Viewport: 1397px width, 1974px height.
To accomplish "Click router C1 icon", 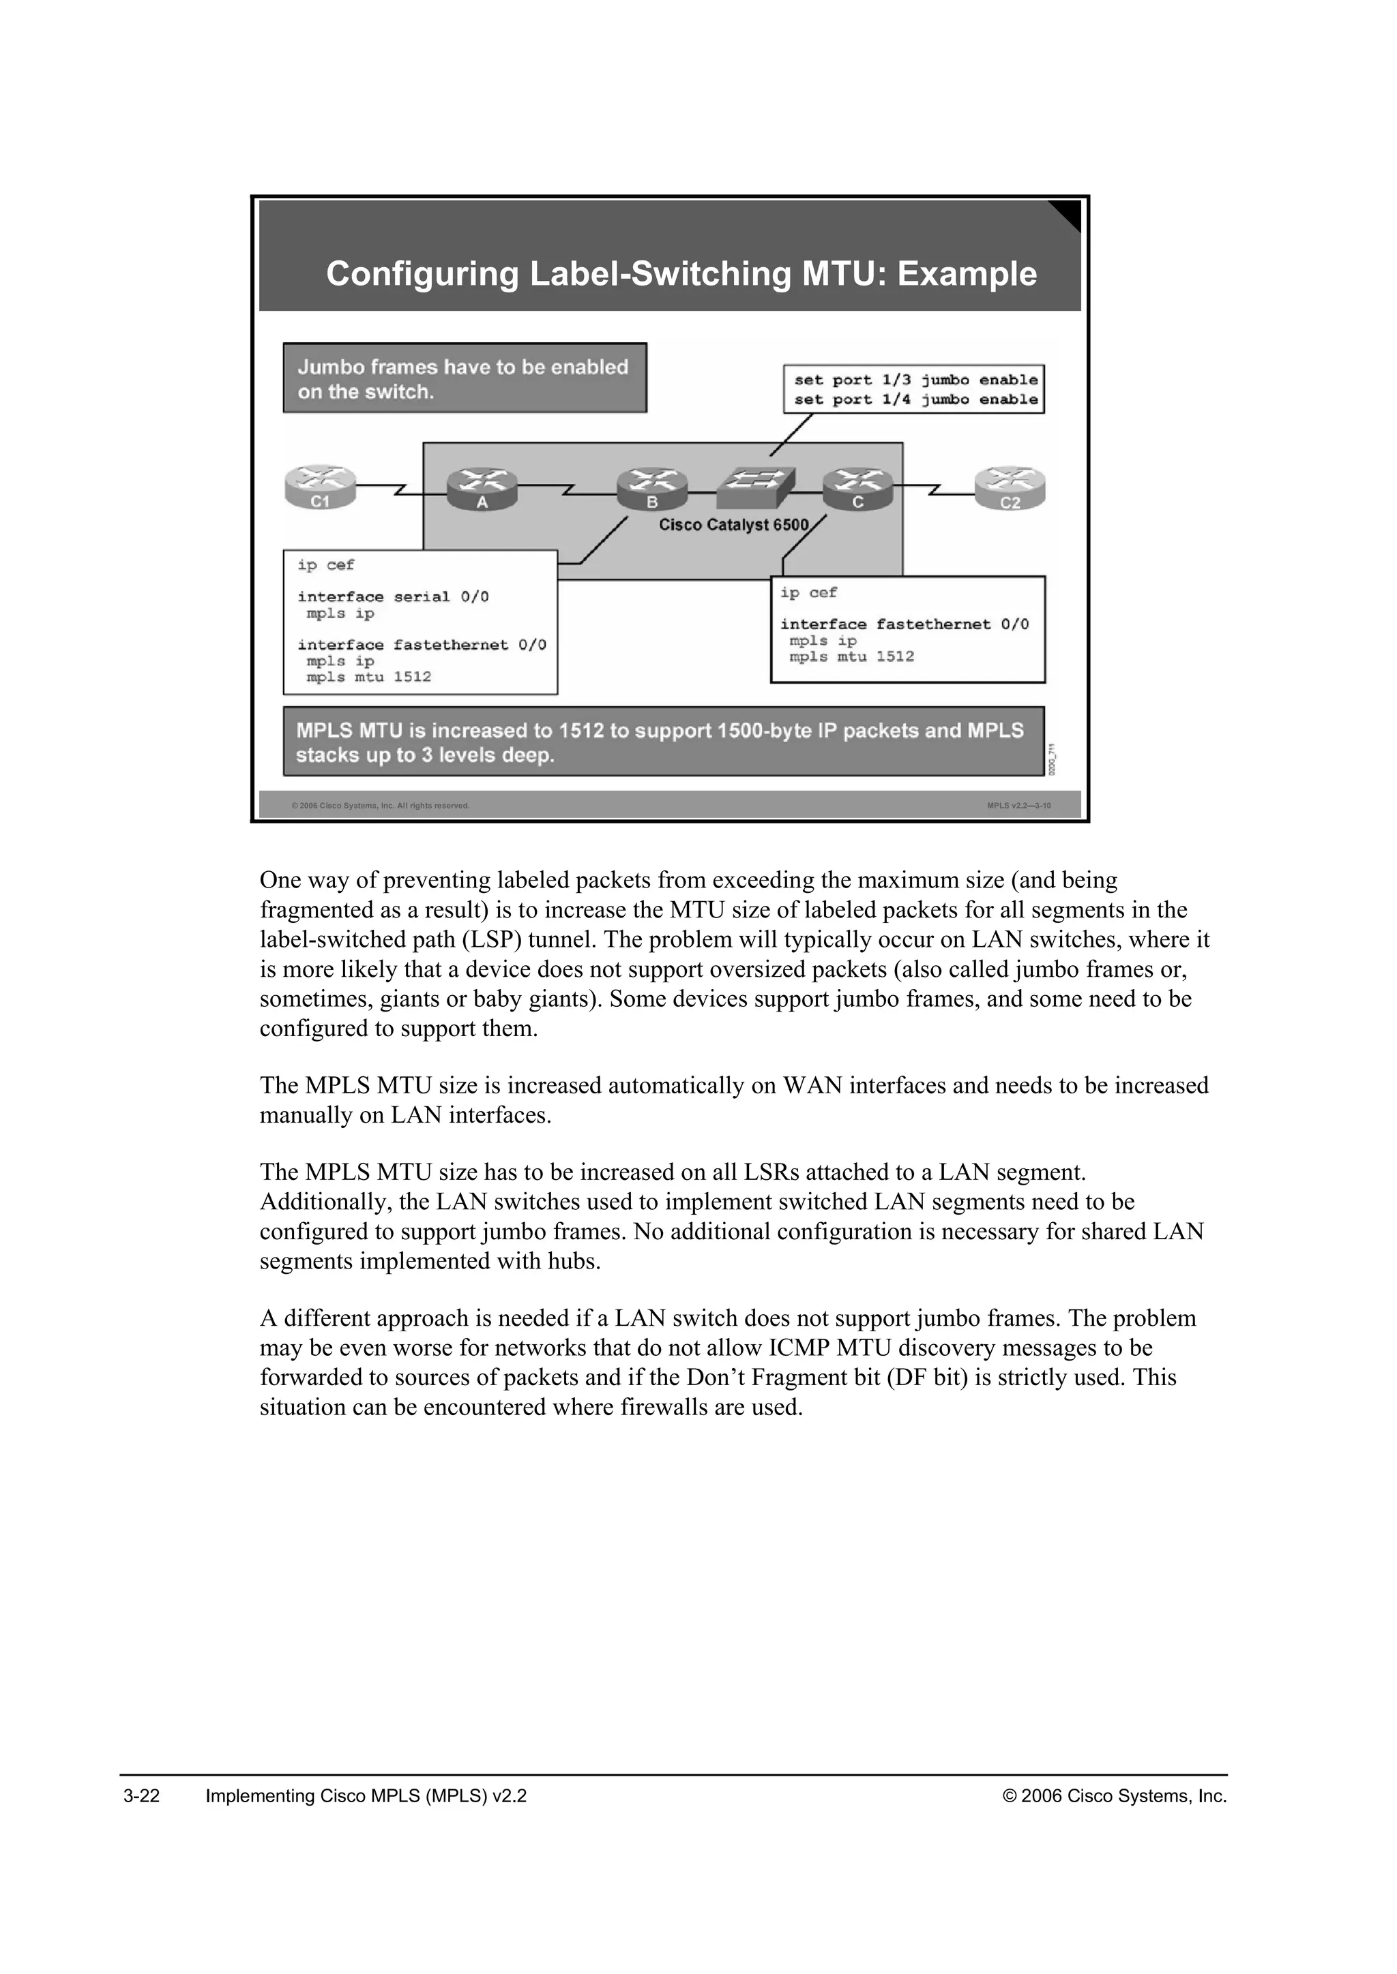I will (320, 487).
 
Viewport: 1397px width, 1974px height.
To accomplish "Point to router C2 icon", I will (1010, 487).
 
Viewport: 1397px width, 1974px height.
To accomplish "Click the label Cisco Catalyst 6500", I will (733, 526).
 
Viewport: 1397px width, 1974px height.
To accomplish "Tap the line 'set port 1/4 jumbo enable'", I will (915, 400).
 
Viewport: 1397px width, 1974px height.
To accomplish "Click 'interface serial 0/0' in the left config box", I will (393, 596).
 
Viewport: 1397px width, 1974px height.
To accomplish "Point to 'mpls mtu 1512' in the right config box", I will (851, 657).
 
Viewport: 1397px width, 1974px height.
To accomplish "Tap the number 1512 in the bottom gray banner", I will (580, 731).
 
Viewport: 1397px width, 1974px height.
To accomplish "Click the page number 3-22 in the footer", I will (142, 1796).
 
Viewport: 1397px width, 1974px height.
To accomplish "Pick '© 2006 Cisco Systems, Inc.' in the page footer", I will (1115, 1796).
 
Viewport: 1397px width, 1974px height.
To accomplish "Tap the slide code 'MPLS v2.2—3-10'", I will (1018, 806).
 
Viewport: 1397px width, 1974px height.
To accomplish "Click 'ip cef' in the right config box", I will (808, 593).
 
